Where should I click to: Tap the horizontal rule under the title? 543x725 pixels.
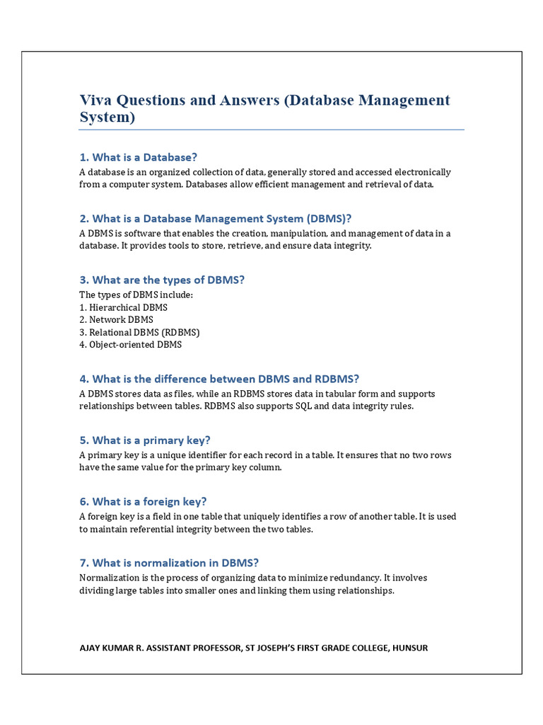(x=271, y=130)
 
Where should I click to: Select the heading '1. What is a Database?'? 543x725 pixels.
(x=138, y=157)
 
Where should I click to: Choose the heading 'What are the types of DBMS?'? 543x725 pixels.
(x=162, y=280)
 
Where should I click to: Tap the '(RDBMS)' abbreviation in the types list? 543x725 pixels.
(x=180, y=332)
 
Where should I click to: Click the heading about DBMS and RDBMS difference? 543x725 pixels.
(x=219, y=379)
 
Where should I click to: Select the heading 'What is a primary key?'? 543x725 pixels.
(x=145, y=440)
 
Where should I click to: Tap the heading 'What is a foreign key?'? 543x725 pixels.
(x=143, y=502)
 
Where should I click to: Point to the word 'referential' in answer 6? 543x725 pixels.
(x=149, y=529)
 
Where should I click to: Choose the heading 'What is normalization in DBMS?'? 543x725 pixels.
(x=169, y=563)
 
